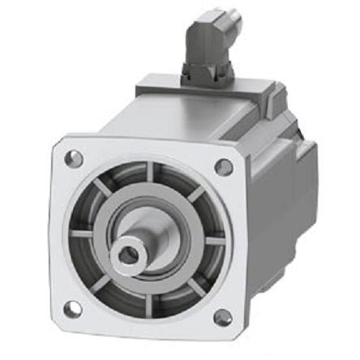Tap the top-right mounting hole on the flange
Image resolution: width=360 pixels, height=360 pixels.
[224, 166]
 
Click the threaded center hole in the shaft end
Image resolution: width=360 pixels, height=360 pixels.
[126, 256]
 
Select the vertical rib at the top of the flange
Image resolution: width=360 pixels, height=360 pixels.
[151, 174]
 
